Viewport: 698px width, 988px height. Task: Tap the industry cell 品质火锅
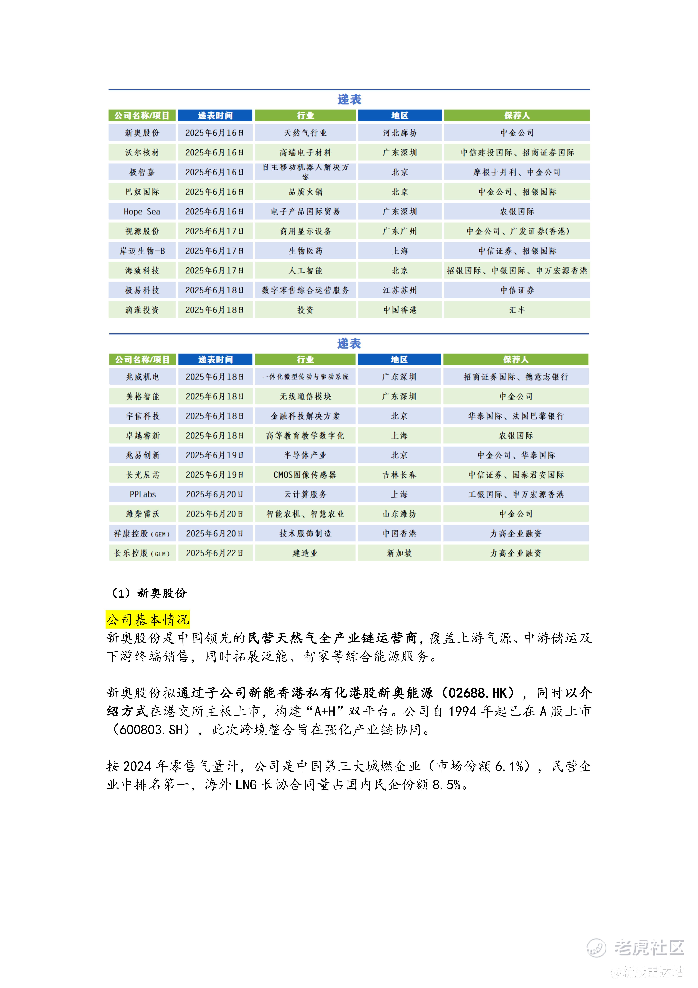point(305,192)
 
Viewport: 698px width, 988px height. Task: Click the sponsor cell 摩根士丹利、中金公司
point(517,172)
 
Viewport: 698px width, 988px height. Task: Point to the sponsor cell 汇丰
point(517,310)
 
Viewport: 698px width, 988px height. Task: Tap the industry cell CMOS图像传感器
point(305,475)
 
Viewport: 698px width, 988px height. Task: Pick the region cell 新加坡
point(399,553)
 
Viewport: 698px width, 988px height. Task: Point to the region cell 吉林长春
point(399,475)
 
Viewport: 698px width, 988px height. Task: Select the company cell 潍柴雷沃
point(143,514)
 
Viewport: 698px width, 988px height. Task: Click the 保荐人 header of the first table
point(517,115)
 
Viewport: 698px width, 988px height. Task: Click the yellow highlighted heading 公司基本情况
point(147,620)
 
